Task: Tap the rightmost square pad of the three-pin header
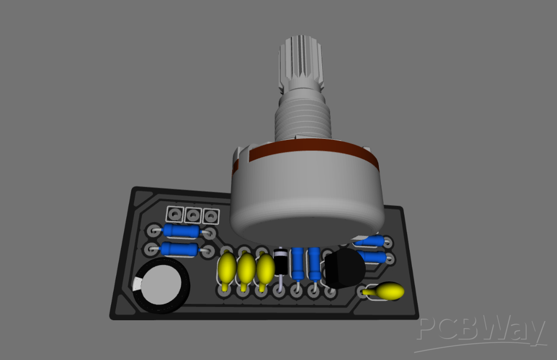click(x=211, y=215)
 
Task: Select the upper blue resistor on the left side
click(x=181, y=231)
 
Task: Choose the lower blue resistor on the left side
click(x=180, y=249)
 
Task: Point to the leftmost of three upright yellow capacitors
click(x=227, y=267)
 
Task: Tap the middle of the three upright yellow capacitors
click(x=246, y=268)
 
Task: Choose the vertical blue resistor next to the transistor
click(x=314, y=265)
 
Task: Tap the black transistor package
click(x=343, y=268)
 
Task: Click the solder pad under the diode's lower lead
click(x=279, y=290)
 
